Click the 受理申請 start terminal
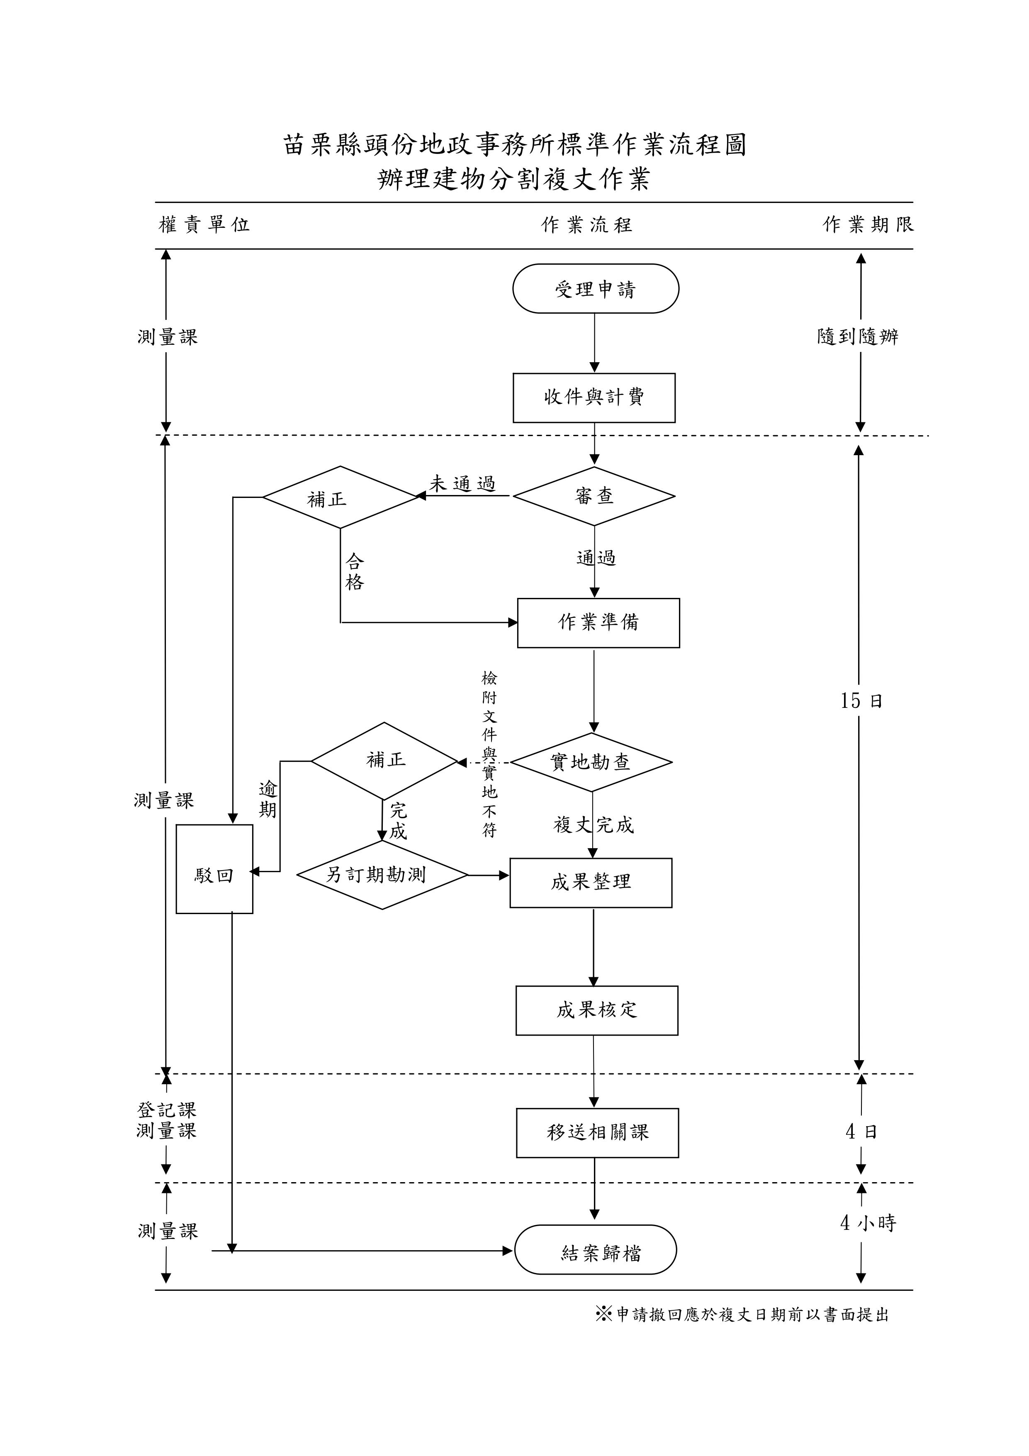point(595,289)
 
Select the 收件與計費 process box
point(594,398)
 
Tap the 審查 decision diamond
point(594,496)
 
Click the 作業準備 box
point(598,623)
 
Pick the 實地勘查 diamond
point(591,762)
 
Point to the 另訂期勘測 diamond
point(382,875)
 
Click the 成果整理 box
point(591,882)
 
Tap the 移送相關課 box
point(597,1133)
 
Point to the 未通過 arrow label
point(462,484)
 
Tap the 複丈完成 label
point(594,825)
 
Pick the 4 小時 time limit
point(867,1223)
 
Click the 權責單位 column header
point(204,224)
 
